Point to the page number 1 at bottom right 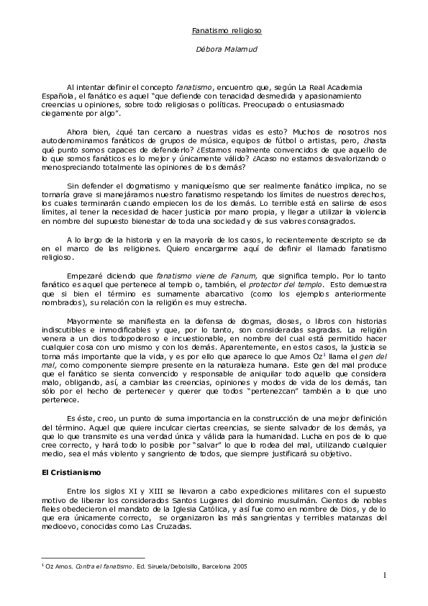(x=385, y=574)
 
